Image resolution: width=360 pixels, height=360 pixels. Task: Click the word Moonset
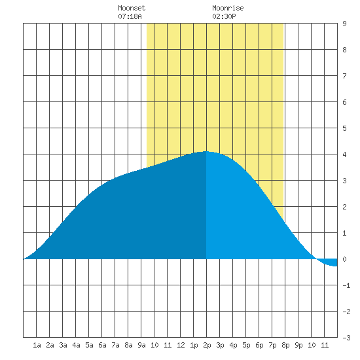(132, 8)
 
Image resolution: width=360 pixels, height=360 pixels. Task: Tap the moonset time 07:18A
(130, 16)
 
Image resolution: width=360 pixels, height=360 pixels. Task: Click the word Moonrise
(228, 8)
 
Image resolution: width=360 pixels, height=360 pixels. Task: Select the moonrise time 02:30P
(224, 16)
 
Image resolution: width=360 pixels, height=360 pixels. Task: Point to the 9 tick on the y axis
(344, 24)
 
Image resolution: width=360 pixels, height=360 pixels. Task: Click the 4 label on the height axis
(344, 154)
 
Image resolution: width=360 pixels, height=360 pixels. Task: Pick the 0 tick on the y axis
(344, 259)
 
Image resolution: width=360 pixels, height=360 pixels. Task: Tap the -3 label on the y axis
(346, 338)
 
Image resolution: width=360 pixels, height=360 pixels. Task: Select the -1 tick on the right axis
(346, 285)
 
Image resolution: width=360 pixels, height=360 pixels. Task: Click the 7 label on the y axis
(344, 76)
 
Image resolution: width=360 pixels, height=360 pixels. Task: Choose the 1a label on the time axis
(37, 345)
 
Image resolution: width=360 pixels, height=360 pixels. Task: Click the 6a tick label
(102, 345)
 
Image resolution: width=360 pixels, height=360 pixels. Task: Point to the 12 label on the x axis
(181, 345)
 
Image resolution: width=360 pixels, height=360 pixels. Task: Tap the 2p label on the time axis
(207, 345)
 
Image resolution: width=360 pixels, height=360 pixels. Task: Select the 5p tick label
(246, 345)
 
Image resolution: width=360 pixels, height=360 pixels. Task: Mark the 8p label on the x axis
(285, 345)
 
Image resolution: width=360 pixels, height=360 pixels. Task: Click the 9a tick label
(141, 345)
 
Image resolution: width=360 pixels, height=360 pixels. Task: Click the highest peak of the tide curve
(206, 151)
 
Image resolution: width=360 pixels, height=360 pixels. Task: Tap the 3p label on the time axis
(220, 345)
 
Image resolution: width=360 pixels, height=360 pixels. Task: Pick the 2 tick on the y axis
(344, 207)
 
